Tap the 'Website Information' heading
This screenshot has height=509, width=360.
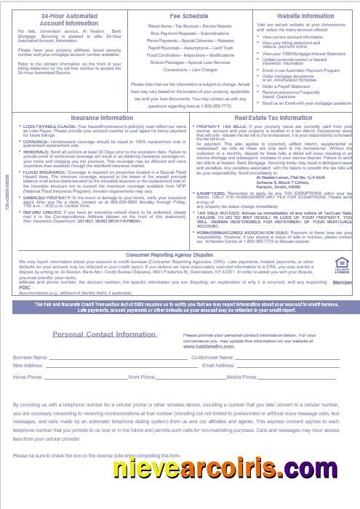305,15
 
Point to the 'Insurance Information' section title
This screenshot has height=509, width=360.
102,117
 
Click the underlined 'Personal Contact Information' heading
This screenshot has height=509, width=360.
105,334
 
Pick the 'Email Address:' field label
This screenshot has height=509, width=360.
218,366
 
